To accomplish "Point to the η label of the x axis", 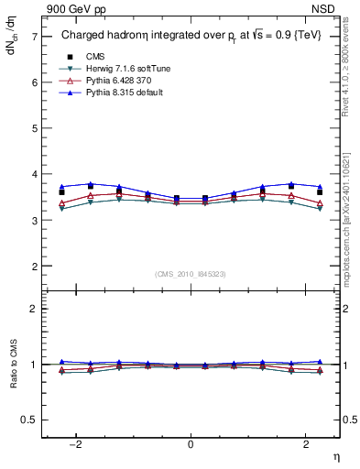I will [335, 456].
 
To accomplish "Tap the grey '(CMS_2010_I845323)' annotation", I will [191, 274].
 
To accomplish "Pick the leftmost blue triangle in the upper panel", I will [61, 187].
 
